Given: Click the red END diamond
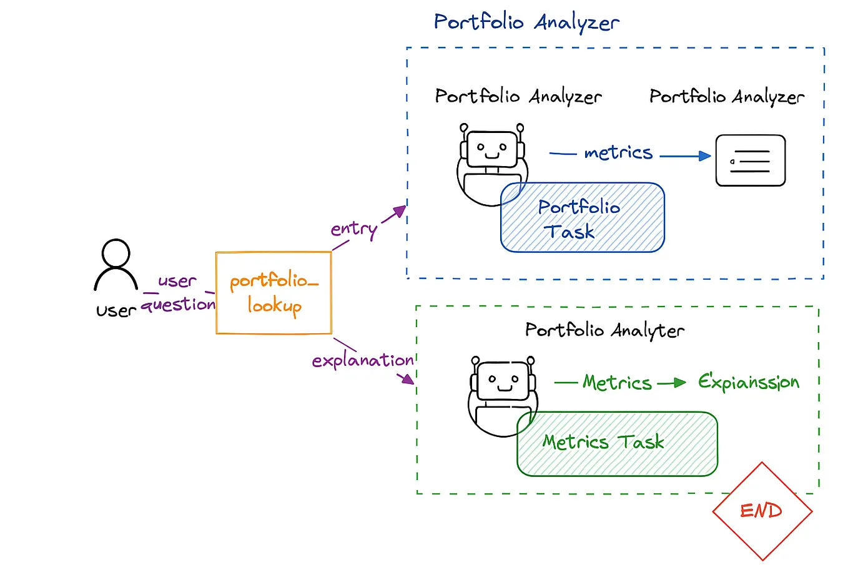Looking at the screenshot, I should pos(762,511).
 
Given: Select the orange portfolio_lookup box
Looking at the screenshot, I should pos(274,293).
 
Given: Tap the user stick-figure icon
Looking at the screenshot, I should pos(116,265).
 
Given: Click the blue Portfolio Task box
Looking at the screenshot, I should pos(582,218).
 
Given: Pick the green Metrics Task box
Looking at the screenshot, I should pos(617,444).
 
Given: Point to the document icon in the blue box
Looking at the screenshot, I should pos(750,161).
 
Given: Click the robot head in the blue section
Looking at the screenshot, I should pos(492,149).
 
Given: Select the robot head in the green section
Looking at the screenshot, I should pos(503,381).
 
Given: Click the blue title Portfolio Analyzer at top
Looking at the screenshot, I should pos(526,22).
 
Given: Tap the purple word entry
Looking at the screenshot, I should pos(353,229).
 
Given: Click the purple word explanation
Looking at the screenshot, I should pos(362,360).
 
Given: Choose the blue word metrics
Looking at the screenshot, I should pos(618,152).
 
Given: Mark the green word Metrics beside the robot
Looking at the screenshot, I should pos(617,382).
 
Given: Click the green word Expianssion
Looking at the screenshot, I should pos(748,382).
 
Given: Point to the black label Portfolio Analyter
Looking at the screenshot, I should pos(604,330).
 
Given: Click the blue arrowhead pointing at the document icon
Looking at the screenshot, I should pos(705,156).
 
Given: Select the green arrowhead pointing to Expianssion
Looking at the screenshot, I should pos(681,383).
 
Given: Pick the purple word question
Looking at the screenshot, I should pos(178,305).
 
